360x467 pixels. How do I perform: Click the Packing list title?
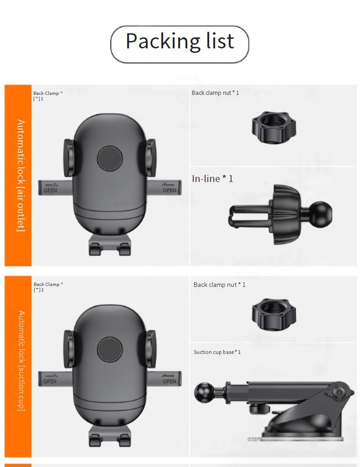(x=180, y=41)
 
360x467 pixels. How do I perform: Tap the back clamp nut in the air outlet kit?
(x=274, y=127)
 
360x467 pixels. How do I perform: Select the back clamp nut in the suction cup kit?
(x=274, y=314)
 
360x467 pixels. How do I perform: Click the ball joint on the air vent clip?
(x=321, y=214)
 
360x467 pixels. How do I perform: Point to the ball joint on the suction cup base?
(x=204, y=393)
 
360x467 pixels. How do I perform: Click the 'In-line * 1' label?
(x=212, y=179)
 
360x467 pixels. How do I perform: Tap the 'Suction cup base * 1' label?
(x=217, y=352)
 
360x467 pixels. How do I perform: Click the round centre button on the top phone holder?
(x=110, y=158)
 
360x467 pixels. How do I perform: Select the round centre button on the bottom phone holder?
(x=110, y=350)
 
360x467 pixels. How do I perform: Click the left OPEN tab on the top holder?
(x=55, y=188)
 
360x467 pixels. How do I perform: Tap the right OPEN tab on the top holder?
(x=164, y=188)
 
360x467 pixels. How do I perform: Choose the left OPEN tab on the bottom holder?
(x=55, y=379)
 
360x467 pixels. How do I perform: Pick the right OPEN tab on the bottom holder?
(x=164, y=379)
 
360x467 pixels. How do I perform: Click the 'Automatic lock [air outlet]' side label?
(x=21, y=176)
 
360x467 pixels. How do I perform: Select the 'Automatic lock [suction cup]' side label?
(x=21, y=361)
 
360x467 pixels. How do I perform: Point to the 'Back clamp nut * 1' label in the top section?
(x=216, y=93)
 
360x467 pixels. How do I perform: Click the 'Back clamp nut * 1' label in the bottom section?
(x=220, y=285)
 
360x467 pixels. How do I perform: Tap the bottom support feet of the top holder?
(x=110, y=244)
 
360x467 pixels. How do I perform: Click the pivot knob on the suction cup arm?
(x=339, y=393)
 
